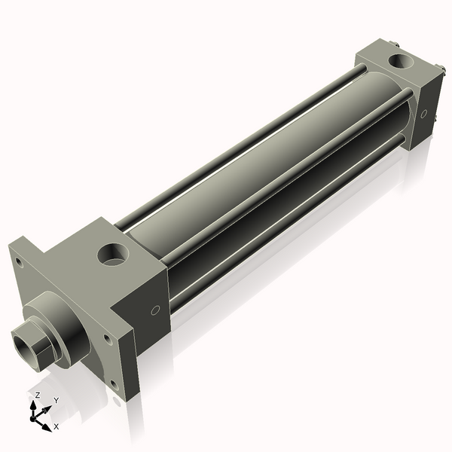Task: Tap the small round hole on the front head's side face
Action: pos(155,310)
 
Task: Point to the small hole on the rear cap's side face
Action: pos(424,115)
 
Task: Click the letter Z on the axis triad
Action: pos(38,395)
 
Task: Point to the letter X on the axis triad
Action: pos(56,427)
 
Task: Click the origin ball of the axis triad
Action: pos(35,414)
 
